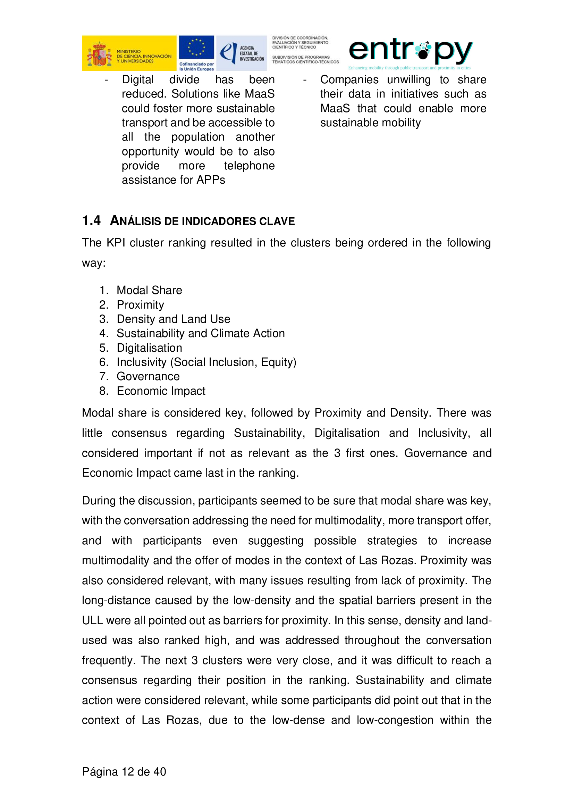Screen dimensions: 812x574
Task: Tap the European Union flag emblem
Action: (x=196, y=48)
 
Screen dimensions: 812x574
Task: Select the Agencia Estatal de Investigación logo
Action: (x=242, y=53)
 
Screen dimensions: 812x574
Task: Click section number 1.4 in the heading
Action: (x=91, y=221)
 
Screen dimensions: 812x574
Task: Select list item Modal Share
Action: (x=149, y=290)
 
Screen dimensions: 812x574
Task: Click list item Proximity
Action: (x=140, y=305)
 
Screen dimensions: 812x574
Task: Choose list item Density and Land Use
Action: (x=173, y=319)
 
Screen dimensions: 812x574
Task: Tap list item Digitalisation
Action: (x=149, y=348)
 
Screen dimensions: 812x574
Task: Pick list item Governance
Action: (x=148, y=377)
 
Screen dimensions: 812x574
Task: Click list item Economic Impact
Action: (x=161, y=391)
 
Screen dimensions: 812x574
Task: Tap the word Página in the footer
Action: (x=100, y=772)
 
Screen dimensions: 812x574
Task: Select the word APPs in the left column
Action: (x=211, y=180)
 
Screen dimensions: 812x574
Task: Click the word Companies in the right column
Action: (x=349, y=80)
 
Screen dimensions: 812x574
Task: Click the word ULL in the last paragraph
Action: (x=92, y=621)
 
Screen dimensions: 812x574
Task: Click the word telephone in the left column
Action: (x=249, y=166)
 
